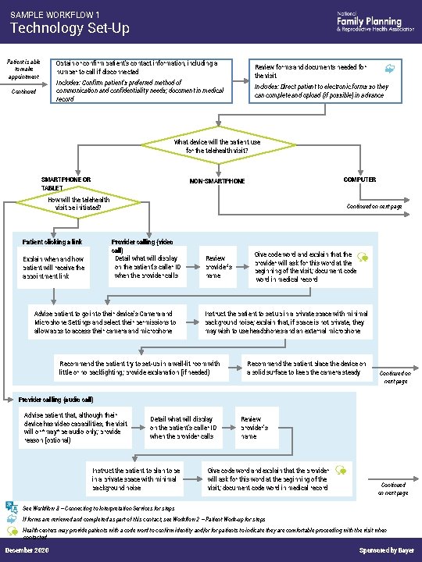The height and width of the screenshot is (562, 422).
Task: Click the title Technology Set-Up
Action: pyautogui.click(x=70, y=29)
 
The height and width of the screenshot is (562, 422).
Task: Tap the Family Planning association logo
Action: pyautogui.click(x=369, y=22)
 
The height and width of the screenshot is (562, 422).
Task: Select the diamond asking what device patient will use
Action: pyautogui.click(x=211, y=145)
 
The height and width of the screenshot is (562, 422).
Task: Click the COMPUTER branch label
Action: pyautogui.click(x=359, y=180)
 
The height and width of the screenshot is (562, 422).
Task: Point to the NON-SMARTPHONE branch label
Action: pyautogui.click(x=217, y=181)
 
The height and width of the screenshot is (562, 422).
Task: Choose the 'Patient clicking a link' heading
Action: pyautogui.click(x=52, y=242)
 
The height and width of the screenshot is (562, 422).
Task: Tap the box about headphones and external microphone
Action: pyautogui.click(x=285, y=322)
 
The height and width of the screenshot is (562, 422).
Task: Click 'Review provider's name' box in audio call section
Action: pyautogui.click(x=255, y=428)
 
